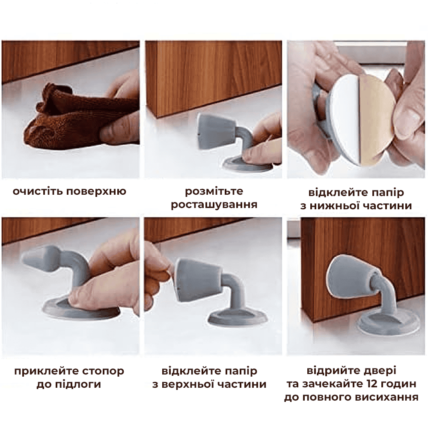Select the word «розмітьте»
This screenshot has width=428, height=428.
[x=214, y=191]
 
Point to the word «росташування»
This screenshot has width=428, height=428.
[x=214, y=205]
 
